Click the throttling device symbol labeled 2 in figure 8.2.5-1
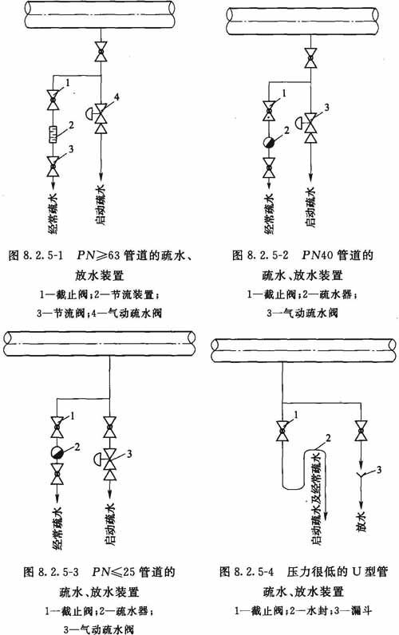pos(53,134)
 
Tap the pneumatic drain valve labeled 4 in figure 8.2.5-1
pos(101,118)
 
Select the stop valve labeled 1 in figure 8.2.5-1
pos(53,100)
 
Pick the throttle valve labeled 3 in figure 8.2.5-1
pos(53,166)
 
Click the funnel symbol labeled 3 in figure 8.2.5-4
pos(361,475)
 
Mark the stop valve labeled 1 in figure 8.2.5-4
pos(282,431)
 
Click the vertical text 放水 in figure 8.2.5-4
pos(361,521)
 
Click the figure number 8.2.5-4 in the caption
pos(253,572)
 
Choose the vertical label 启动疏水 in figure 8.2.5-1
pos(101,205)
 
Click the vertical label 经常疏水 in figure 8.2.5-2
pos(269,214)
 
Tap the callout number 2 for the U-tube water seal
pos(328,438)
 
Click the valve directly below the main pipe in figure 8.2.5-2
pos(310,57)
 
